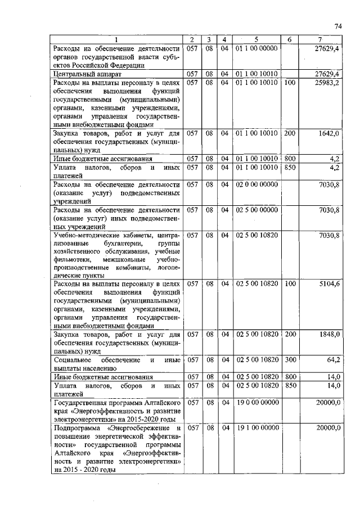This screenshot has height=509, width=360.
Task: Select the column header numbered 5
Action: pos(256,39)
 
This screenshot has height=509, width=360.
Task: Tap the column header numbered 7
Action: pos(319,39)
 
